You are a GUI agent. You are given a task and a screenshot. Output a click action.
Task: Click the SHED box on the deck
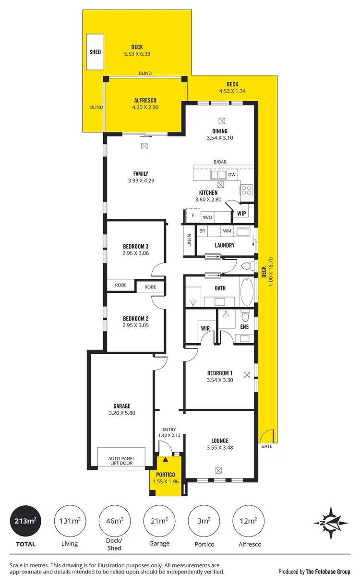(95, 51)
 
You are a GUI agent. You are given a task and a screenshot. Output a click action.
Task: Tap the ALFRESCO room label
(145, 100)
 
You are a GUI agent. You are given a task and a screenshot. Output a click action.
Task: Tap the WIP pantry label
(241, 213)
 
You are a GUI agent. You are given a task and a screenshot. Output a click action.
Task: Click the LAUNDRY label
(225, 245)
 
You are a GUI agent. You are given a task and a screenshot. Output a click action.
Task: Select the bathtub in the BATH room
(246, 291)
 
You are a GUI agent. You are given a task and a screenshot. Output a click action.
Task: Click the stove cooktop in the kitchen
(247, 190)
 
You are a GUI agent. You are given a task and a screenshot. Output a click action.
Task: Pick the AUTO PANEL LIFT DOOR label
(121, 461)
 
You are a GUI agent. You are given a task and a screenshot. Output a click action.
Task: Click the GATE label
(266, 446)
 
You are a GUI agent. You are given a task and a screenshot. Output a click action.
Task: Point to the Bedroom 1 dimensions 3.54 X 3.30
(220, 380)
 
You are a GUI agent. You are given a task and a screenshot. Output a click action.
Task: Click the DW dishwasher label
(232, 175)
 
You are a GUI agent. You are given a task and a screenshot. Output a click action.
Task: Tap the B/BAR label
(220, 162)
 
